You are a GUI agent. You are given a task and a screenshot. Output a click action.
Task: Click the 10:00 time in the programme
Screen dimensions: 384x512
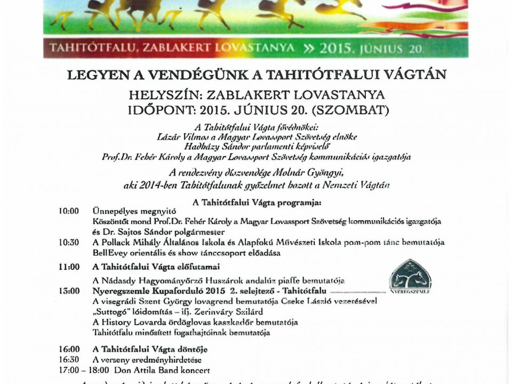pyautogui.click(x=69, y=211)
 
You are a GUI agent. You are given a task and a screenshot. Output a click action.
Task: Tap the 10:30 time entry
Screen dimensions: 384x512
pyautogui.click(x=69, y=242)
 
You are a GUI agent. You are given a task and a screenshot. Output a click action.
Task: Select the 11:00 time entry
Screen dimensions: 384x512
pyautogui.click(x=69, y=267)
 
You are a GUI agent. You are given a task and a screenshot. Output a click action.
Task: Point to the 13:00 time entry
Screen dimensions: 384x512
pyautogui.click(x=69, y=291)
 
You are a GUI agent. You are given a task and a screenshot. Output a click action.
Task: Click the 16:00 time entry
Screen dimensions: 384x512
pyautogui.click(x=69, y=349)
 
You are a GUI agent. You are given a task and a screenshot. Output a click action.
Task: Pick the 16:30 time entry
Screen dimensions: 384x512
pyautogui.click(x=69, y=359)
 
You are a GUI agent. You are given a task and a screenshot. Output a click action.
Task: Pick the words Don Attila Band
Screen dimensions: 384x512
pyautogui.click(x=148, y=370)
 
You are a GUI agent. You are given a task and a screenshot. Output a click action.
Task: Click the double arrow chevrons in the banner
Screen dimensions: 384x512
pyautogui.click(x=309, y=47)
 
